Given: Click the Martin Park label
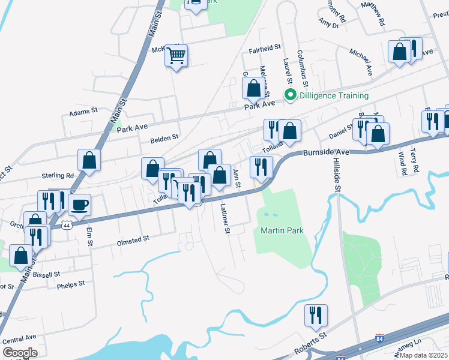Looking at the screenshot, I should [282, 230].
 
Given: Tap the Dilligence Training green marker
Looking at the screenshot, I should [291, 95].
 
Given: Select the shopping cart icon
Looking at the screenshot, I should [176, 56].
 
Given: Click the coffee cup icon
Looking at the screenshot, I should [79, 205].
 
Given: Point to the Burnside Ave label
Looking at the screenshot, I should [325, 152].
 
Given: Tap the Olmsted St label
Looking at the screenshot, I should [132, 239].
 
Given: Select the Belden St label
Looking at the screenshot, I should [164, 137].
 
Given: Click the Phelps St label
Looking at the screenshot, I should [71, 284].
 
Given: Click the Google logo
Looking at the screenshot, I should [20, 353].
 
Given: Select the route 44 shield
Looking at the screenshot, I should [65, 224].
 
